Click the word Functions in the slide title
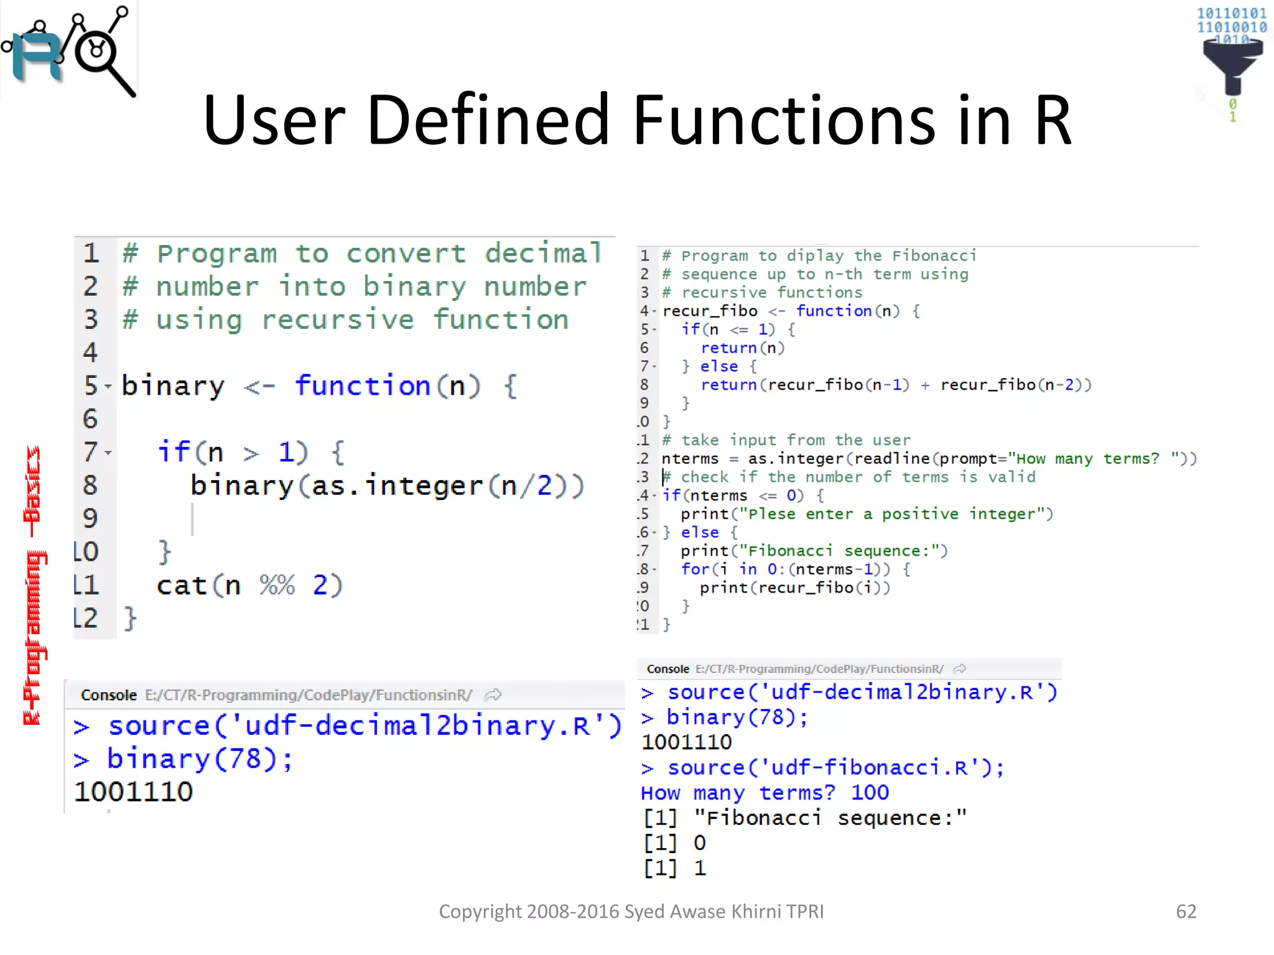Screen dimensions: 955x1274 784,119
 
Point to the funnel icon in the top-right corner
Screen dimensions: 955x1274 1232,62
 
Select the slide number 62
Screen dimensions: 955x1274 1186,911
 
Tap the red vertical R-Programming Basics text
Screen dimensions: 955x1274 34,584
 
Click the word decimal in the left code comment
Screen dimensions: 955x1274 543,253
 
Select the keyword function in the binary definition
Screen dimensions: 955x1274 363,385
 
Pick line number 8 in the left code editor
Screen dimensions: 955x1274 90,485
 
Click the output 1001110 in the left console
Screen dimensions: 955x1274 134,792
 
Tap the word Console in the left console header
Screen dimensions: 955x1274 108,695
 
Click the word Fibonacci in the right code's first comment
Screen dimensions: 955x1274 934,256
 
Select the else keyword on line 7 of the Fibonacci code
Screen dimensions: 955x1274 719,366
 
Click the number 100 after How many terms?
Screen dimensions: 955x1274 870,793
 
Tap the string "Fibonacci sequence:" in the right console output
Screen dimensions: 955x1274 830,818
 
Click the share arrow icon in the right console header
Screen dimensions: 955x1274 960,669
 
